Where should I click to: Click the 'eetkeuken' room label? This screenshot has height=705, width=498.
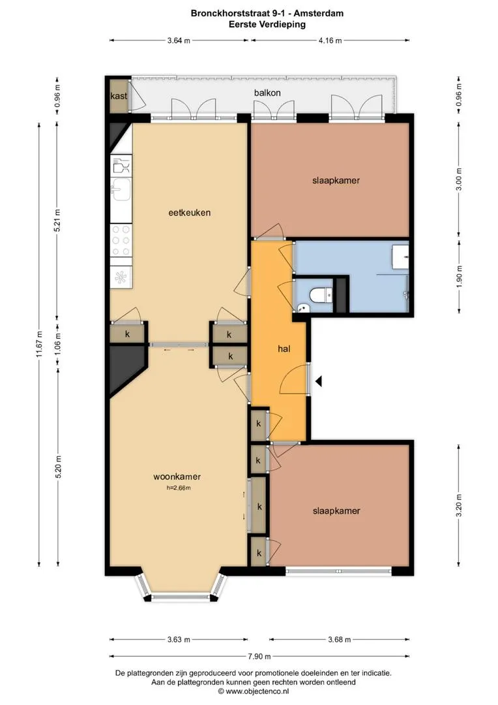pos(189,213)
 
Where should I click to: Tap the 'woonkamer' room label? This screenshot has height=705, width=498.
pos(177,477)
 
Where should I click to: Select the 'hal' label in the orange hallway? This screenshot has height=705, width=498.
pos(284,349)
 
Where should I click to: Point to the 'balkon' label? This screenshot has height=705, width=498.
pos(267,93)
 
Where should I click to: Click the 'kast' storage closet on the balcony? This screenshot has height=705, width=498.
pos(119,96)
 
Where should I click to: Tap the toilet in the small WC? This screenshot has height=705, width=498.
pos(320,296)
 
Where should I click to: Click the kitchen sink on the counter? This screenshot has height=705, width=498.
pos(121,189)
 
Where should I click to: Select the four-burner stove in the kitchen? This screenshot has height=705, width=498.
pos(121,240)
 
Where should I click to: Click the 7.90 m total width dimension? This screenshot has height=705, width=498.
pos(259,657)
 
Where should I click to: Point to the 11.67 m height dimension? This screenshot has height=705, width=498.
pos(40,345)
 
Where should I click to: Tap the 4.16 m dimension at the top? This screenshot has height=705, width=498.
pos(330,40)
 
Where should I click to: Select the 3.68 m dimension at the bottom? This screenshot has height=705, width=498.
pos(340,639)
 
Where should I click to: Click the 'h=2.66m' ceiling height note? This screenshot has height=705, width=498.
pos(178,488)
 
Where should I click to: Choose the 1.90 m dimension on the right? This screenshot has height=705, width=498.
pos(459,277)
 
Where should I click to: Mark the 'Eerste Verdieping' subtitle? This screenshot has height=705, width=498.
pos(267,24)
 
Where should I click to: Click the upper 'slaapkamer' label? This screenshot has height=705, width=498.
pos(336,181)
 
